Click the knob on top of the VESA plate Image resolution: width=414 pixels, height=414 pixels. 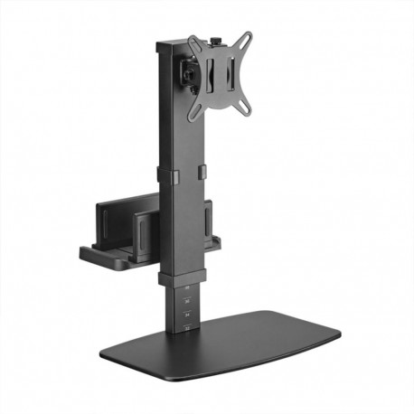(217, 41)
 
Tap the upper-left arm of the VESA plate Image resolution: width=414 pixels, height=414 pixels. (193, 41)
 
